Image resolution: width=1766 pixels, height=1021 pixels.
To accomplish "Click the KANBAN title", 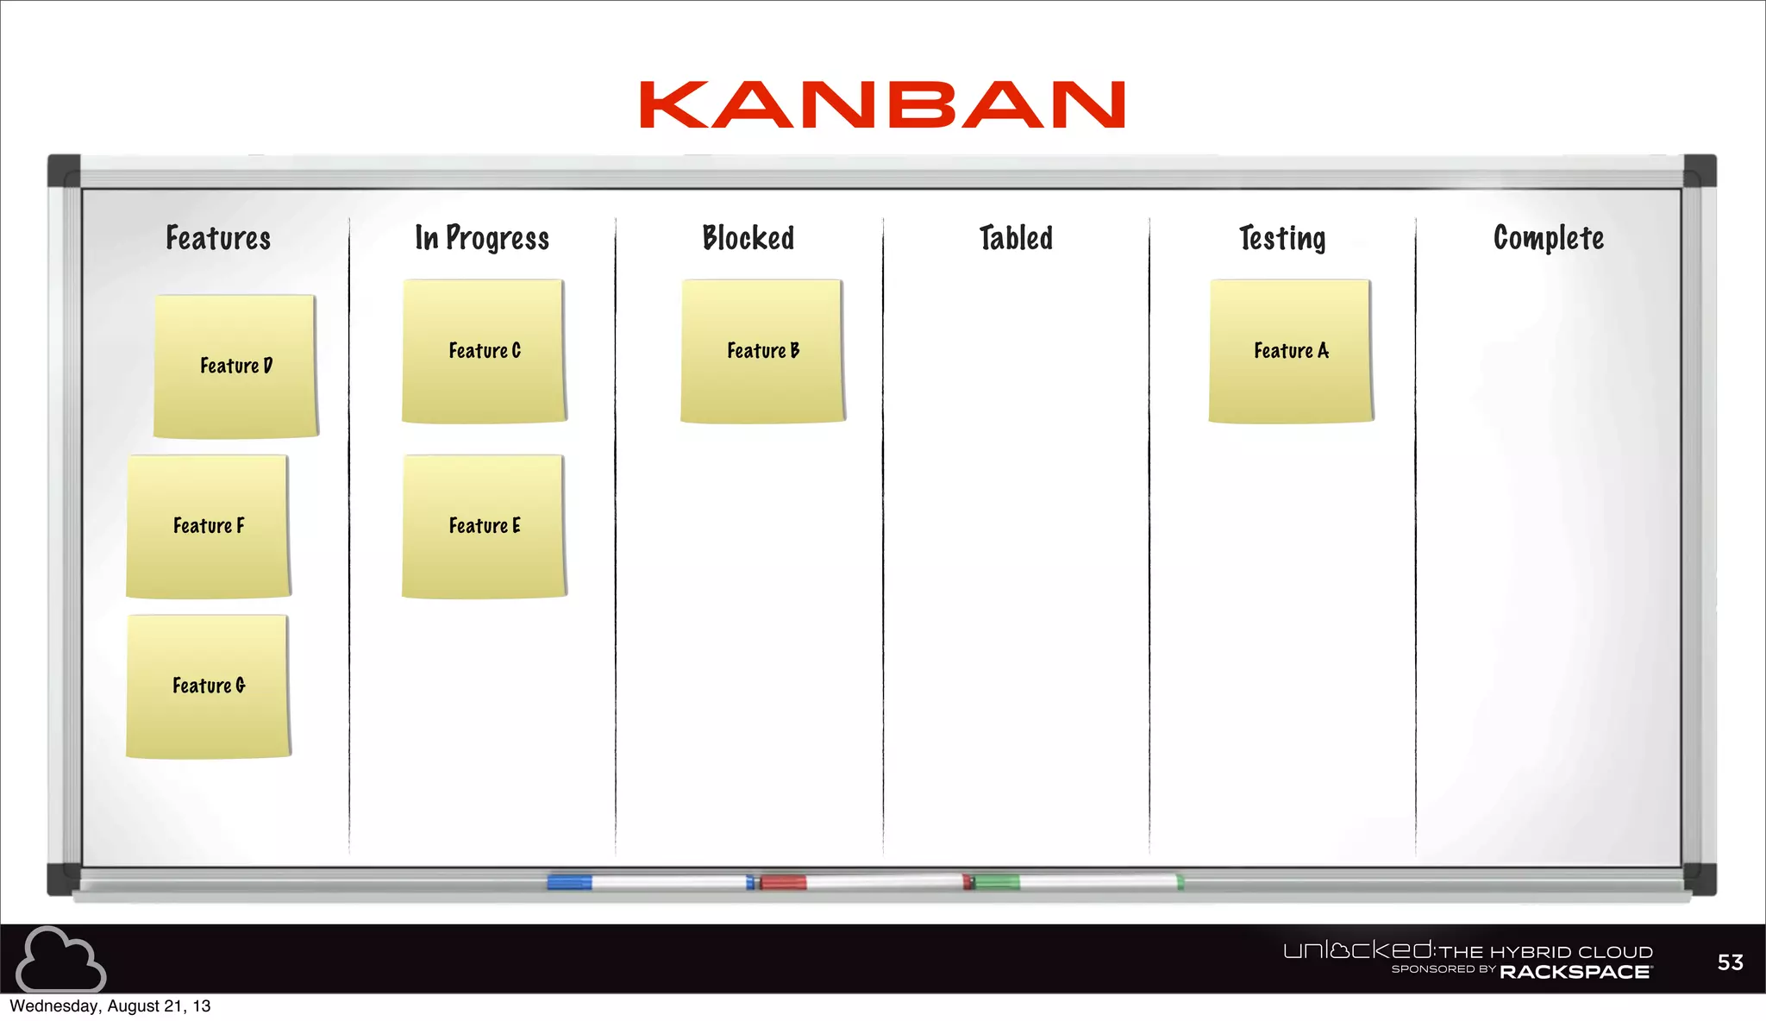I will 882,105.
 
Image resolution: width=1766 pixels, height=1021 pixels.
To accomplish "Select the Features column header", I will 218,238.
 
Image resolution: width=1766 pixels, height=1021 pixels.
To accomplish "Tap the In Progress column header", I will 482,238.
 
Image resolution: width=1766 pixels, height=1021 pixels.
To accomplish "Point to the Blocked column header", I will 748,238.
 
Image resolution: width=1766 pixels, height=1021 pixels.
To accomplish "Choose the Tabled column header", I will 1016,238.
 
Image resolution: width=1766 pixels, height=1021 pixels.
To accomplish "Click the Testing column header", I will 1282,238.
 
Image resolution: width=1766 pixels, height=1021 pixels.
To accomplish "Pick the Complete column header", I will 1549,238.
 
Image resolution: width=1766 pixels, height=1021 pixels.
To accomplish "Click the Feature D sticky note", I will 235,366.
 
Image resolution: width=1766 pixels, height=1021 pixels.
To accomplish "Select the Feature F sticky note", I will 208,525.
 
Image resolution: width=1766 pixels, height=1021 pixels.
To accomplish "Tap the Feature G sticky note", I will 208,686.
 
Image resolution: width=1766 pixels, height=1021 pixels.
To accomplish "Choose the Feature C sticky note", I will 484,351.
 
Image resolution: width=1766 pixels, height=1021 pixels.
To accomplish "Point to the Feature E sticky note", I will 484,525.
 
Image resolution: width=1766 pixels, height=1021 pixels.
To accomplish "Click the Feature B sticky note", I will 762,351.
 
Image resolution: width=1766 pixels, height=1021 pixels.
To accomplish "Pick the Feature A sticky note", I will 1291,351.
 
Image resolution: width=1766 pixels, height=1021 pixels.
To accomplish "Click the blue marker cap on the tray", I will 569,881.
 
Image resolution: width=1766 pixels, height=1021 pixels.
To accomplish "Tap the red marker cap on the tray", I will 783,881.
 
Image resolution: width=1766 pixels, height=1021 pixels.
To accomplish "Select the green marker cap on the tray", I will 996,881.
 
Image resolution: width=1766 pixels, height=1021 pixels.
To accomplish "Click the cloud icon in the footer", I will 60,959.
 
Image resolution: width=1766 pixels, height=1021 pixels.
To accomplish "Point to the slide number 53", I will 1730,962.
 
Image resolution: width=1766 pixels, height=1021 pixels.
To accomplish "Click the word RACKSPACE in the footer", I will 1575,972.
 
